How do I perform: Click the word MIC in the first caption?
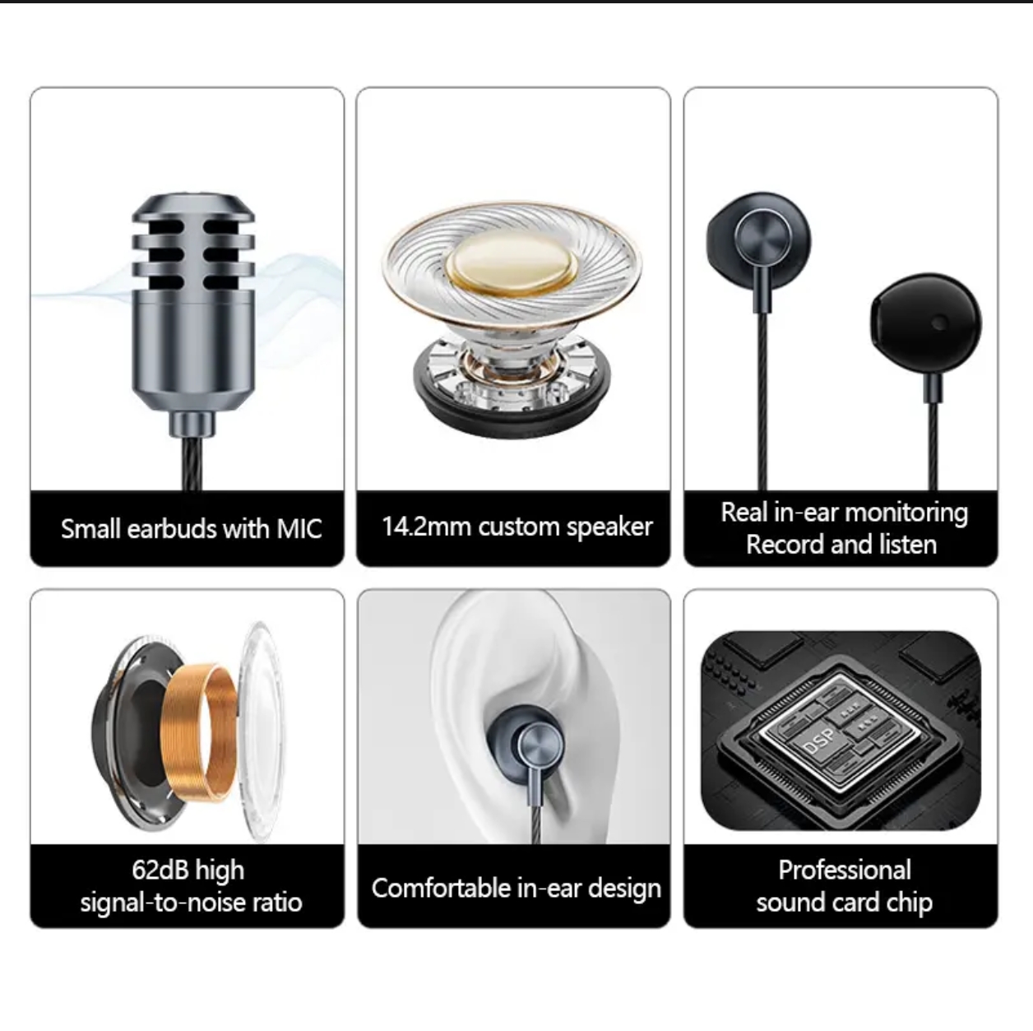coord(299,528)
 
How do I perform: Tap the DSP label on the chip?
coord(820,741)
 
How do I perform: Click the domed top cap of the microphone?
coord(193,207)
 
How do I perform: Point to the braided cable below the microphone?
coord(192,463)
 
